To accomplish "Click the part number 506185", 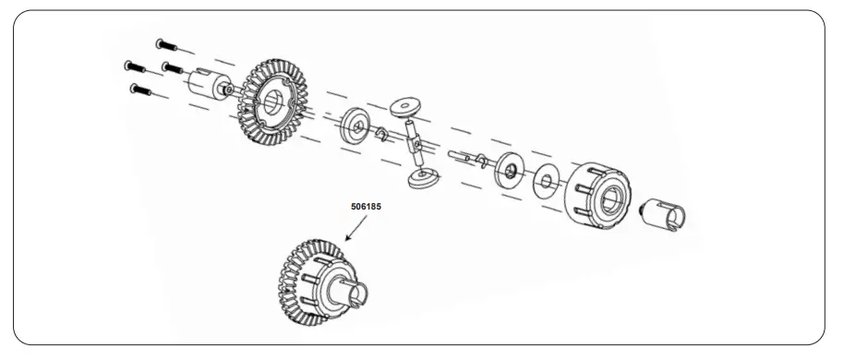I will pos(366,208).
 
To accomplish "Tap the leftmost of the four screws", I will pos(132,65).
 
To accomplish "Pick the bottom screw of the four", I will pos(141,90).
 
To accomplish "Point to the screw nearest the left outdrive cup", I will pos(171,67).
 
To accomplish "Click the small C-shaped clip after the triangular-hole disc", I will pos(380,138).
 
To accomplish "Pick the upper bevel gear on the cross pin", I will pos(404,109).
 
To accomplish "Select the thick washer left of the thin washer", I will pos(508,172).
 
